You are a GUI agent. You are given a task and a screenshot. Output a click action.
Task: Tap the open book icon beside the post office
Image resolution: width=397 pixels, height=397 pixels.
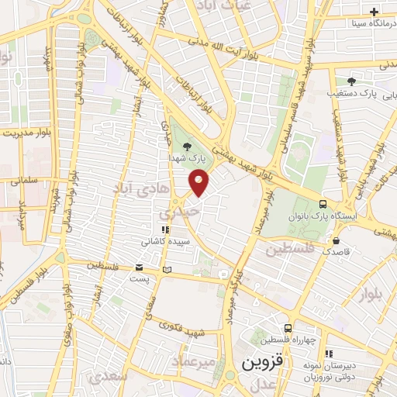167,270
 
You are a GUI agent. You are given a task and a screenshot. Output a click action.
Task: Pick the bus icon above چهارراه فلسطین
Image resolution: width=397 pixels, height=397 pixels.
287,329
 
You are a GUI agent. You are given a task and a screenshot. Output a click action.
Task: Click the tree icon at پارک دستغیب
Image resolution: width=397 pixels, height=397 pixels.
351,81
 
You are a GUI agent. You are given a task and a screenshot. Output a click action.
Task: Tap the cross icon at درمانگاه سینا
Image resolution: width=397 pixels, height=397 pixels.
374,12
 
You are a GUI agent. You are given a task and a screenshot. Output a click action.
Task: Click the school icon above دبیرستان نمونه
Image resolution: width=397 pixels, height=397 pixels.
328,353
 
